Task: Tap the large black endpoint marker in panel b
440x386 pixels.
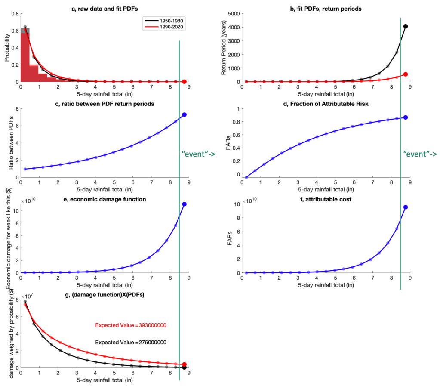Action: [x=406, y=26]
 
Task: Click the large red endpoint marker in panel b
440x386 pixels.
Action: [x=406, y=74]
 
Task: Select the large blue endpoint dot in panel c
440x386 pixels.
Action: [x=185, y=114]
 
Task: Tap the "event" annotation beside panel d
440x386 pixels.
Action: [x=420, y=154]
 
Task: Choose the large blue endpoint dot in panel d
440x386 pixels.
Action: [x=406, y=117]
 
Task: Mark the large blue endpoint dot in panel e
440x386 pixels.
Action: [x=185, y=204]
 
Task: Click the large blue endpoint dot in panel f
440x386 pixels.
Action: [x=406, y=207]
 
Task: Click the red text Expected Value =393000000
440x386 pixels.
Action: [x=131, y=325]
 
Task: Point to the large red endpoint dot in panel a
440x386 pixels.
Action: [x=185, y=82]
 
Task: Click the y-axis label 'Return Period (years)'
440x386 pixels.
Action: [x=224, y=48]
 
